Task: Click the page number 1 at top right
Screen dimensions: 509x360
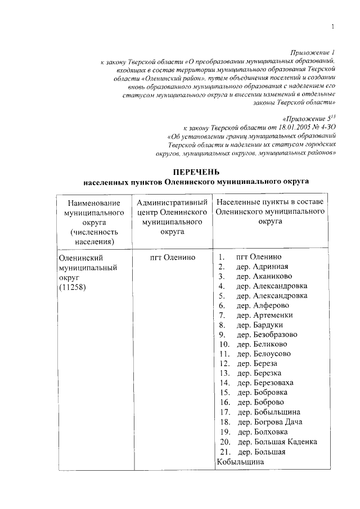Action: click(333, 26)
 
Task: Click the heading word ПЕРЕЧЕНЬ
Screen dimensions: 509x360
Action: click(196, 171)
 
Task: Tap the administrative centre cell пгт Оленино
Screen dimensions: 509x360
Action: click(173, 257)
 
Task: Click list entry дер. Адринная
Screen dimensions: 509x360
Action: click(262, 267)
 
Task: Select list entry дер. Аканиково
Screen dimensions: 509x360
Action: click(264, 277)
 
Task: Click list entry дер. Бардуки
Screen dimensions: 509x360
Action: click(260, 325)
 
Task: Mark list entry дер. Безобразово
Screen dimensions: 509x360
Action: click(267, 334)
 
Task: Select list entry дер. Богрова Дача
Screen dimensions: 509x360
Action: click(270, 421)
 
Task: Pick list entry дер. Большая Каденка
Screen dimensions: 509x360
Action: click(277, 442)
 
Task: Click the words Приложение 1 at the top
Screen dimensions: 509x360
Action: click(315, 51)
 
